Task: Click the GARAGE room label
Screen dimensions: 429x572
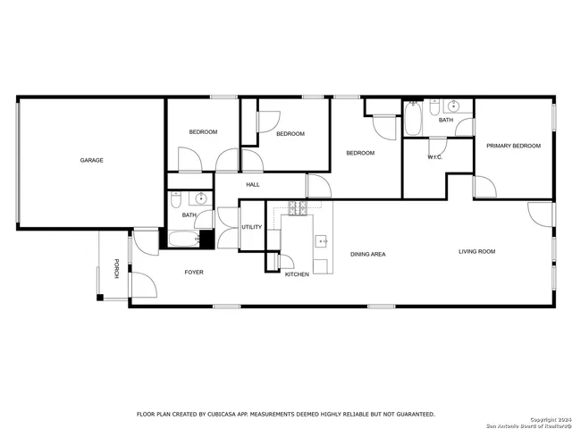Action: point(91,160)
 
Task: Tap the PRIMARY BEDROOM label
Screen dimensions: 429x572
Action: point(513,146)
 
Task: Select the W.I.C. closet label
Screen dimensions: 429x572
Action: point(435,157)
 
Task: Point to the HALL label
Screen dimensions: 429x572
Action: point(253,185)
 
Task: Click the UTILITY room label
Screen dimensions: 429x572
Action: point(252,227)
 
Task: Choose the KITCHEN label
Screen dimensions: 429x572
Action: point(297,274)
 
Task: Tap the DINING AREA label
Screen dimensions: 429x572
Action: point(367,255)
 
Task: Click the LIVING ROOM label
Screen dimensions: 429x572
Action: point(476,252)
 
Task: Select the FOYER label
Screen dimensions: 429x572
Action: point(194,272)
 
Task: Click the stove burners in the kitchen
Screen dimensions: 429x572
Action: point(297,208)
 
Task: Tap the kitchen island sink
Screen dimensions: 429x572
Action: point(320,240)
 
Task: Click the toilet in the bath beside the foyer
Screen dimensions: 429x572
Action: point(176,198)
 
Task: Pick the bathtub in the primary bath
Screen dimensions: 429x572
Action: point(413,119)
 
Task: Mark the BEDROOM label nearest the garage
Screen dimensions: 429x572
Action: point(203,132)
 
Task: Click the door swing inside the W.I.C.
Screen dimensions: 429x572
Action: point(437,147)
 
